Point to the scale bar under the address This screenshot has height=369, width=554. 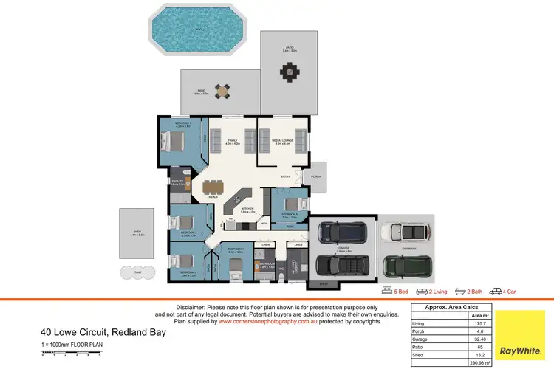pos(74,358)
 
